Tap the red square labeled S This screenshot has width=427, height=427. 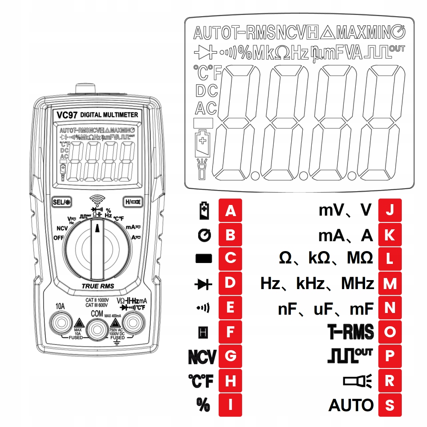point(390,405)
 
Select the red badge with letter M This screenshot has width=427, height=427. point(390,284)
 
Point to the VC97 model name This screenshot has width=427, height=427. point(67,115)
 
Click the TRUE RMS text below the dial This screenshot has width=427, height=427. point(98,286)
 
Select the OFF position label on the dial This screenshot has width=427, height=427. point(59,237)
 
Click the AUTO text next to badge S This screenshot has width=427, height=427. point(351,405)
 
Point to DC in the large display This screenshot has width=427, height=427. point(206,91)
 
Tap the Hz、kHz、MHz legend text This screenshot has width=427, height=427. point(317,284)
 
